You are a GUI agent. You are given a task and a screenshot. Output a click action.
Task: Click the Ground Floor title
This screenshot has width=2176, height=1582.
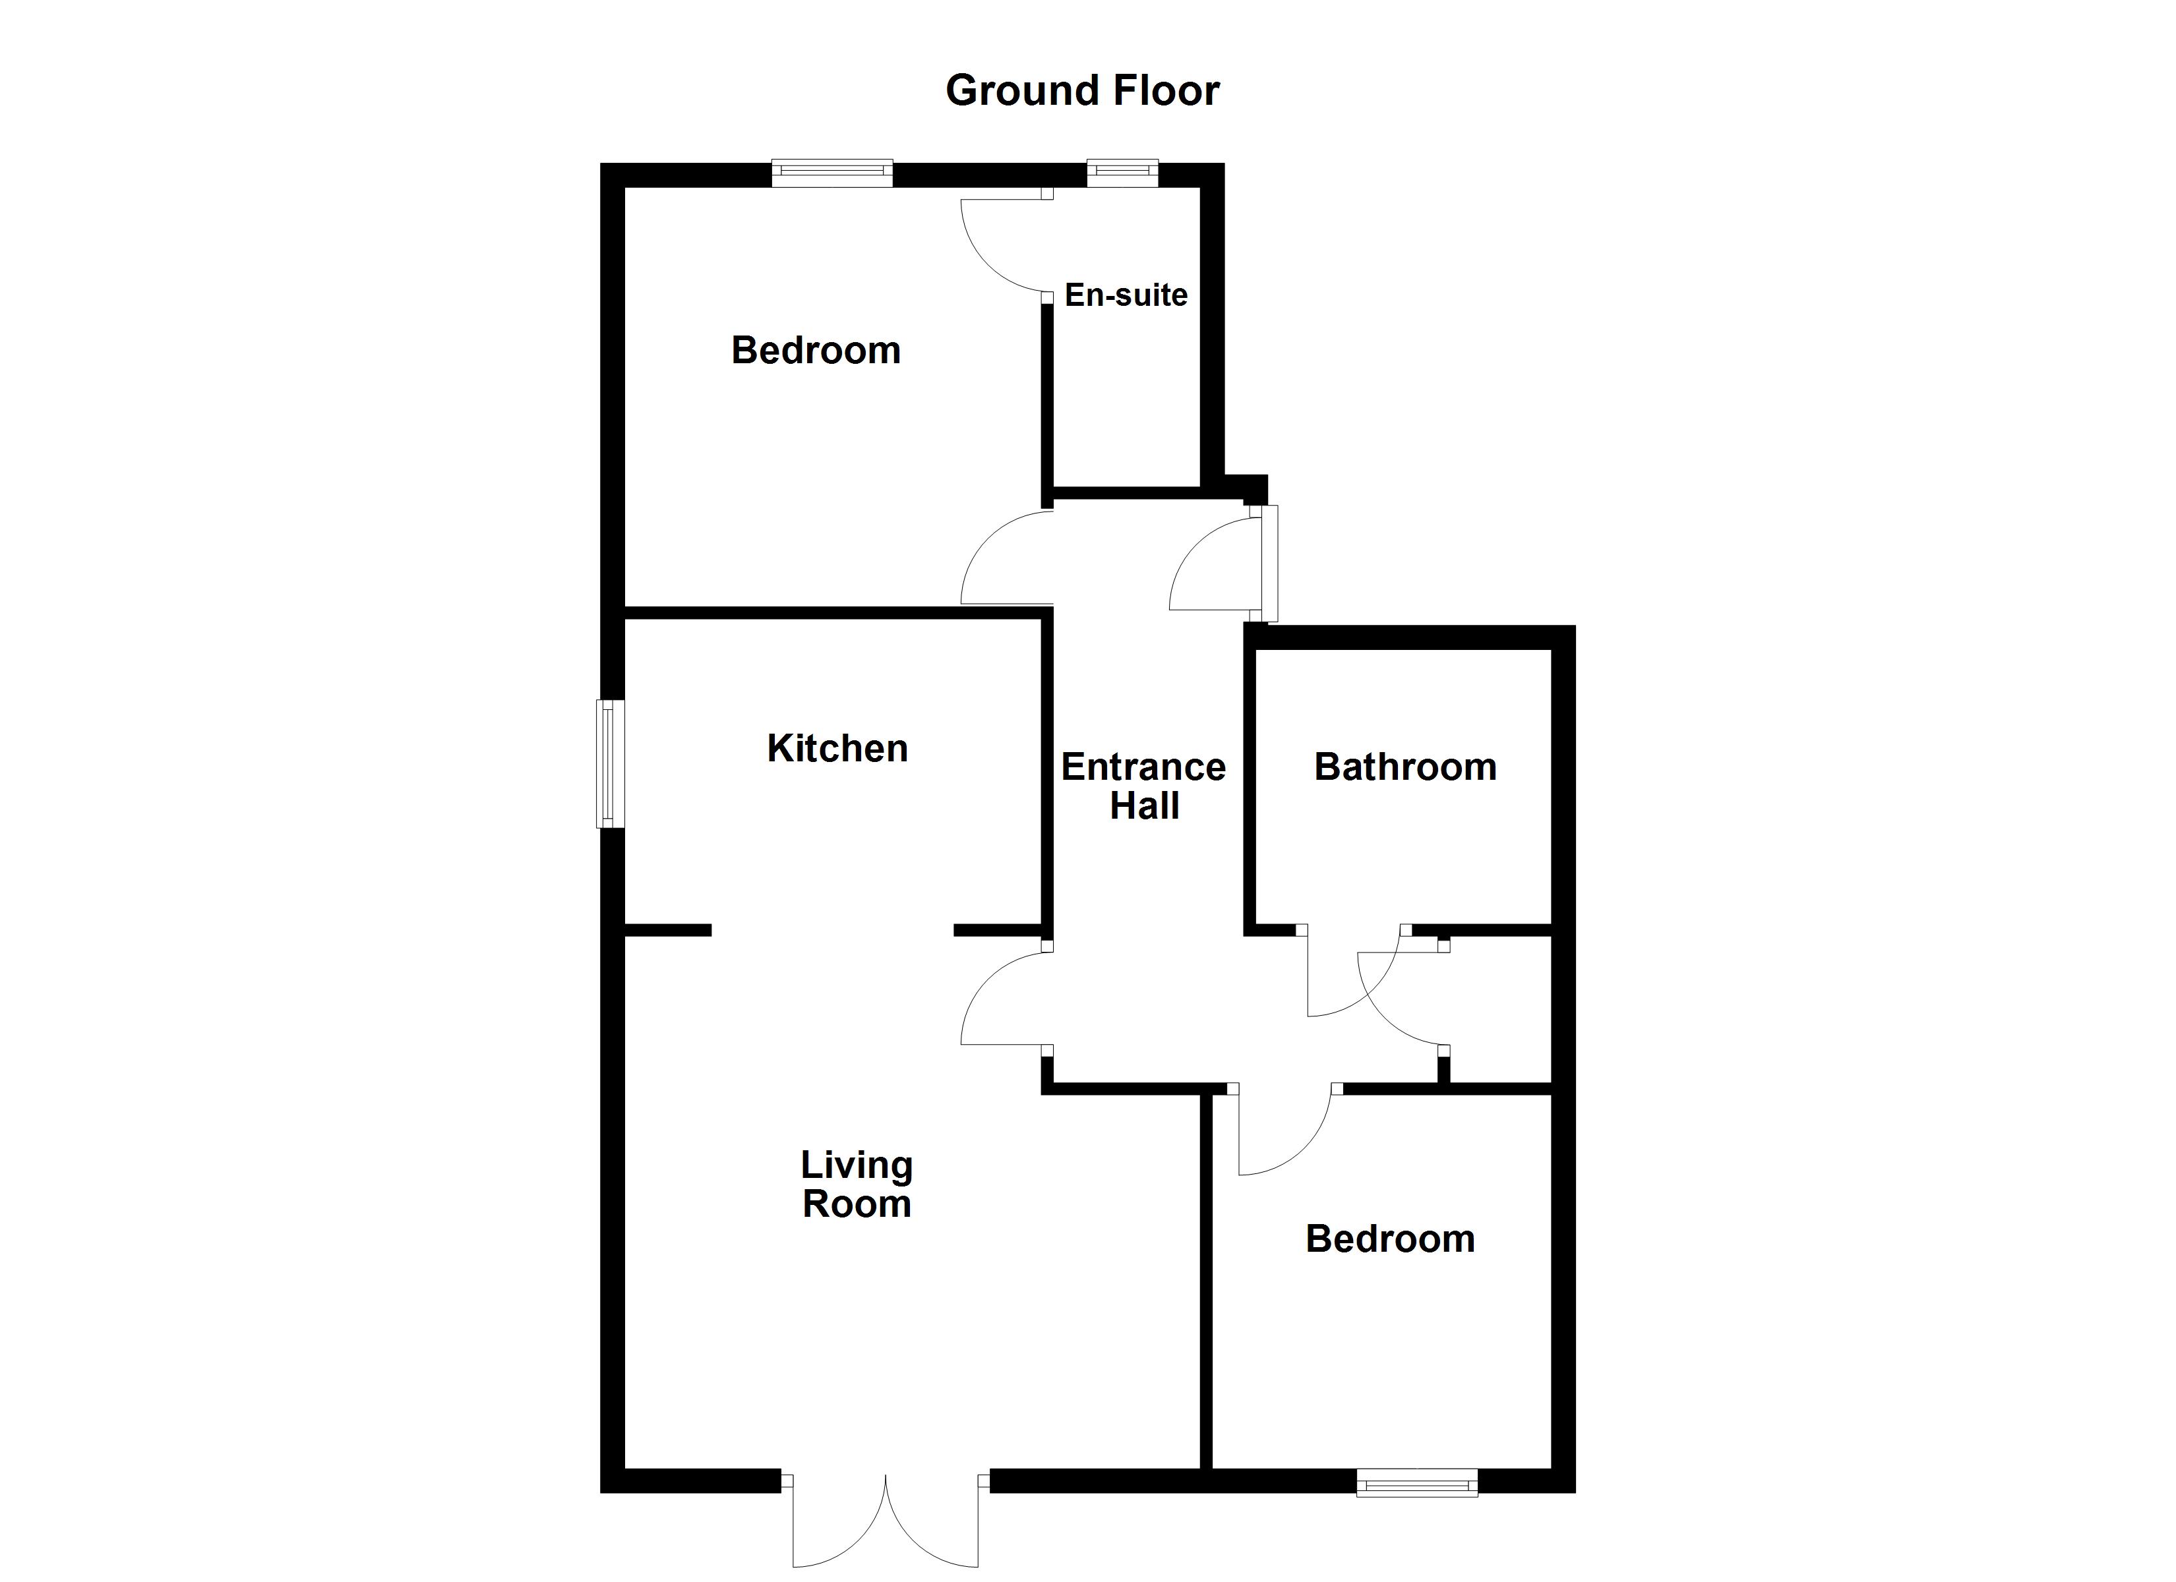(x=1081, y=91)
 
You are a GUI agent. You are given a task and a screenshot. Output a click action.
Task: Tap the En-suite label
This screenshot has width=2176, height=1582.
(x=1126, y=295)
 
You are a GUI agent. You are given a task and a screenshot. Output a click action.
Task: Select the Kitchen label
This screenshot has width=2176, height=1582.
(x=837, y=748)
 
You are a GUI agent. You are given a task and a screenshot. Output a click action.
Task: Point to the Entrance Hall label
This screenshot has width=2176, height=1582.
(x=1143, y=786)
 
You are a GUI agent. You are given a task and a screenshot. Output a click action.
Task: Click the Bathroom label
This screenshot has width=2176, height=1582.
(x=1405, y=767)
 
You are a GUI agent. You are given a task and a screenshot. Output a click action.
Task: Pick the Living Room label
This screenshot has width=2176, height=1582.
(x=856, y=1184)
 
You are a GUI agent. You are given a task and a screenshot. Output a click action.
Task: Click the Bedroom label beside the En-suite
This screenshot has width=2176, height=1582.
(x=816, y=350)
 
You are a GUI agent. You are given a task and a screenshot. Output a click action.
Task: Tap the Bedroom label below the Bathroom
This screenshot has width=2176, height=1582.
(x=1389, y=1239)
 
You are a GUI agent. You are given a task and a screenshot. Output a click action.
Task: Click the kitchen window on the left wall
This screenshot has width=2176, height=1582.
(x=610, y=764)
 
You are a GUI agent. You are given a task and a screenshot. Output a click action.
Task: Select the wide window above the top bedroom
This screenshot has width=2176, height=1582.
(x=832, y=173)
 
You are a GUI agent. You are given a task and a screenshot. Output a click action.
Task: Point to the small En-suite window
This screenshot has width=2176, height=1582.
(x=1122, y=173)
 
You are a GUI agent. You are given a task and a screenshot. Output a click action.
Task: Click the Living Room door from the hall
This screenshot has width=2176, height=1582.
(x=1003, y=998)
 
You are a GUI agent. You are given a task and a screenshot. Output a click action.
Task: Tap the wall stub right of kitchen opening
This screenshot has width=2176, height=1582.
(x=998, y=929)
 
